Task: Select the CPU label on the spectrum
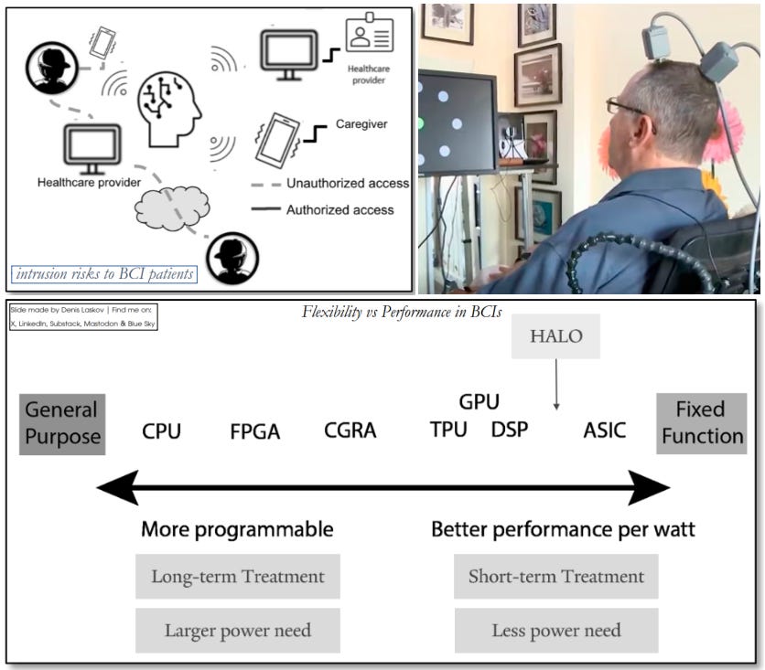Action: [x=161, y=431]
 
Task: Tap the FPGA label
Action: [x=254, y=431]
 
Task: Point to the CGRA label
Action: [x=350, y=431]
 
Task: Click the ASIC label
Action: [x=605, y=430]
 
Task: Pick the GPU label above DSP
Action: [x=479, y=401]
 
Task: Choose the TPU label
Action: [x=448, y=430]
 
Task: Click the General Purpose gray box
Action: [x=62, y=423]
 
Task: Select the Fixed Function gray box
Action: [x=702, y=422]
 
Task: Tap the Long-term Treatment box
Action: [x=238, y=577]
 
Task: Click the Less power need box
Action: [x=556, y=631]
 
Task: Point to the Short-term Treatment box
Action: [x=556, y=577]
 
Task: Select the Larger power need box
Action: [x=238, y=631]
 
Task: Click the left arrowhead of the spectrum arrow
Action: [x=117, y=488]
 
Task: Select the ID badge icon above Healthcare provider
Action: [x=369, y=34]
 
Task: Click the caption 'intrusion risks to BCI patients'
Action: [x=103, y=273]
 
